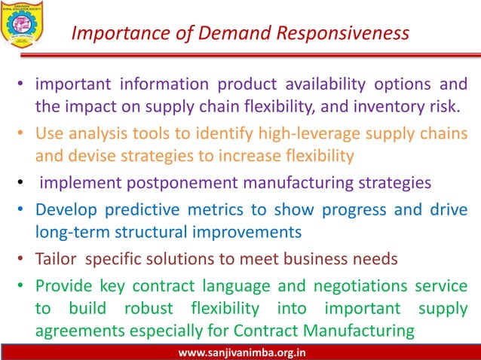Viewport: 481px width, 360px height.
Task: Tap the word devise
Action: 93,157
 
